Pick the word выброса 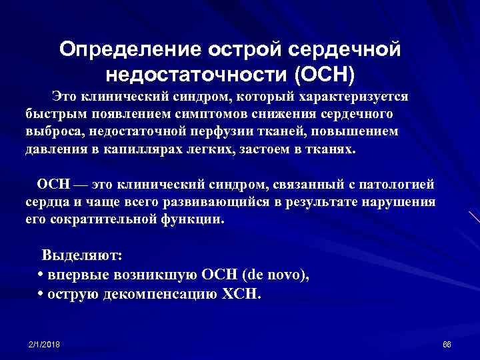[x=51, y=131]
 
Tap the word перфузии [x=230, y=131]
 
